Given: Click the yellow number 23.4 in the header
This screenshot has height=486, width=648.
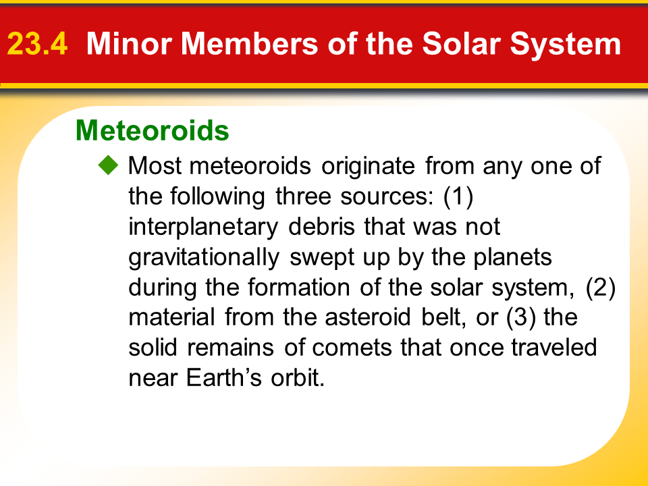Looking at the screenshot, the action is click(37, 44).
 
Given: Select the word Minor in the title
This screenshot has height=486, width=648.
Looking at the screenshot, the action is click(128, 43).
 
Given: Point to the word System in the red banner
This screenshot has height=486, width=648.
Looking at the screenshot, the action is click(566, 45).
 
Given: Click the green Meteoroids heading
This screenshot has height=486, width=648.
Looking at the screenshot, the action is click(152, 130).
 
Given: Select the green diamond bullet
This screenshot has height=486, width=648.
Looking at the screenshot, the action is click(108, 165).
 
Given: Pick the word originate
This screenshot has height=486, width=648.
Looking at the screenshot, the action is click(369, 167).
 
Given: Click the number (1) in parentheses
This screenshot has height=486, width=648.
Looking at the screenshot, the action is click(458, 196).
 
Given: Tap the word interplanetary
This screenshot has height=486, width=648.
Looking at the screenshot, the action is click(203, 227).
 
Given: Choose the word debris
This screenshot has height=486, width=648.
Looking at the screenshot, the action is click(321, 227).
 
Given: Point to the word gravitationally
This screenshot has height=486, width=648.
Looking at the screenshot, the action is click(204, 257).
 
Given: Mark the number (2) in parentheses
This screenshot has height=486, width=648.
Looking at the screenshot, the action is click(601, 288).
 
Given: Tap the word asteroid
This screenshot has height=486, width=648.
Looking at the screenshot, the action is click(367, 317).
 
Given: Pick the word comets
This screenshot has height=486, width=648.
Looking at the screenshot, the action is click(352, 348).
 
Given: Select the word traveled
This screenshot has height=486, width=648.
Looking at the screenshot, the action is click(554, 347).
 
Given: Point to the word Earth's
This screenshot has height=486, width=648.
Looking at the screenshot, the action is click(223, 377).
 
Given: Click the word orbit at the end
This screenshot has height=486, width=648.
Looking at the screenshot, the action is click(298, 377).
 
